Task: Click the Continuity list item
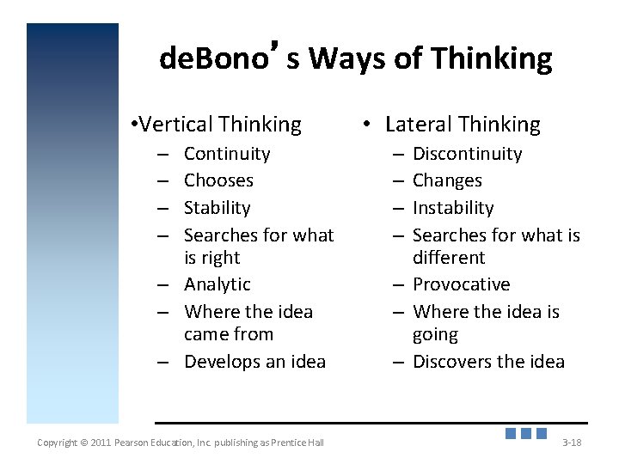point(227,154)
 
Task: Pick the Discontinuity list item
point(467,154)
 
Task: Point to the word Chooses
point(218,180)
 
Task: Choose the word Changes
point(447,180)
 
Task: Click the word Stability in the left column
point(217,208)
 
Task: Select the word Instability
point(453,208)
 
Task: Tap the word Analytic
point(217,284)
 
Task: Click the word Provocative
point(461,284)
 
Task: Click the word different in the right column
point(449,258)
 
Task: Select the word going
point(435,335)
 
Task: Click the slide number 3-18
point(572,443)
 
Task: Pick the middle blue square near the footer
point(525,433)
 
